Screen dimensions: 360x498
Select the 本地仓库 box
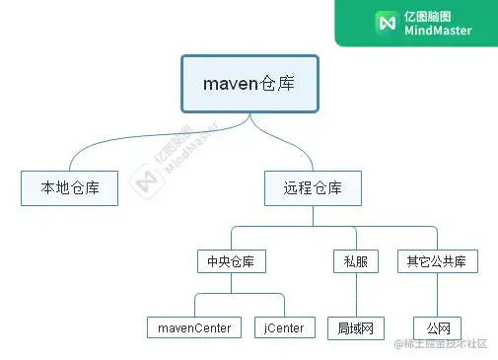tap(69, 187)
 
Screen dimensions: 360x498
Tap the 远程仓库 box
tap(313, 187)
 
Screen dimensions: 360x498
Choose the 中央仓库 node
tap(231, 261)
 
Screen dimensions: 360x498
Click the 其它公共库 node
tap(437, 261)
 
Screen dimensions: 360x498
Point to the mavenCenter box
tap(194, 327)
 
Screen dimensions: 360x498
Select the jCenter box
tap(284, 327)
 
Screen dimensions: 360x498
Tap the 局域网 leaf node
tap(355, 327)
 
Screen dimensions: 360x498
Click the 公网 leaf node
tap(437, 327)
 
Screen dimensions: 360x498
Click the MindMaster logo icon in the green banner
tap(386, 23)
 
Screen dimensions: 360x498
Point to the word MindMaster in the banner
tap(438, 31)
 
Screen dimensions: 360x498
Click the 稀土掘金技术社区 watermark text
tap(449, 344)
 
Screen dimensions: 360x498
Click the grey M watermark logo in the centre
tap(149, 182)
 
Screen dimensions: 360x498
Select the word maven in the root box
tap(231, 84)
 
